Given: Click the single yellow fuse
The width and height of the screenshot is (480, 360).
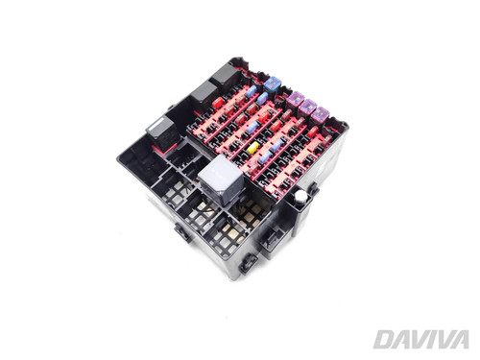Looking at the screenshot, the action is point(253,147).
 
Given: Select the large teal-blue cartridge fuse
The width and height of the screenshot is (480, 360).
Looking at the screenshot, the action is point(272,84).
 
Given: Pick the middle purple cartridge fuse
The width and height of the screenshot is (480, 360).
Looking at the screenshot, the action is point(308,106).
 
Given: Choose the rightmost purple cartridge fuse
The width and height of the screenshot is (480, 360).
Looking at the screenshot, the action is point(320,114).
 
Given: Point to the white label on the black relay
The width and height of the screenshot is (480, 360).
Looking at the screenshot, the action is point(159,123).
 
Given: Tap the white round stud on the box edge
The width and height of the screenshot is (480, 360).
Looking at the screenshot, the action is point(300,196).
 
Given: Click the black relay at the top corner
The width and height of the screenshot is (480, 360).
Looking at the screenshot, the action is point(227,76).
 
